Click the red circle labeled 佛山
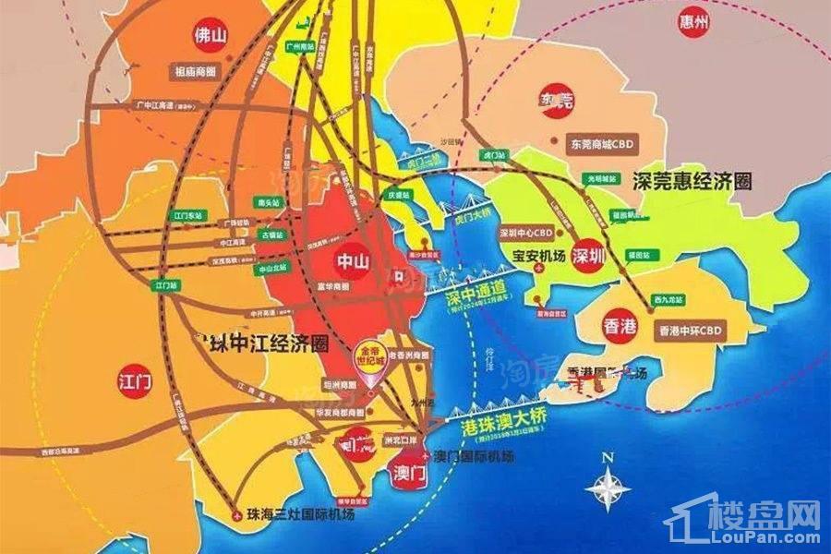click(x=208, y=37)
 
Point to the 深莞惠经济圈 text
click(x=693, y=180)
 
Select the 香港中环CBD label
click(x=689, y=329)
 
